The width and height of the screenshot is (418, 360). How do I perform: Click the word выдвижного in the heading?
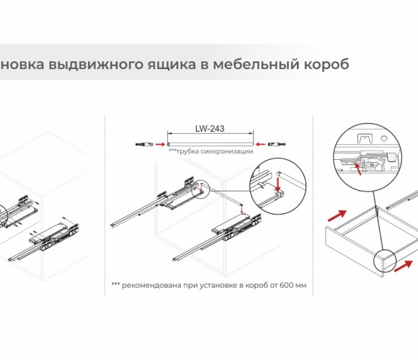[x=96, y=65]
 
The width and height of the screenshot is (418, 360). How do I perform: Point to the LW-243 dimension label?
[x=210, y=129]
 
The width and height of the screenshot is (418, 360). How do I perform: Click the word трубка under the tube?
[x=187, y=151]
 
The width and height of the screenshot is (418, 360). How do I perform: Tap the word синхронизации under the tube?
[x=227, y=151]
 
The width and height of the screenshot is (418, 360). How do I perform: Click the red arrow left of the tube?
[x=160, y=144]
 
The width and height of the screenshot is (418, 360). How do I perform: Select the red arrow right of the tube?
[x=260, y=144]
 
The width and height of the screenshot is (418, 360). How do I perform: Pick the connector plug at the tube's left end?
[x=144, y=144]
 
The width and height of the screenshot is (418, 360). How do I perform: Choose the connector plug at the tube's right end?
[x=277, y=144]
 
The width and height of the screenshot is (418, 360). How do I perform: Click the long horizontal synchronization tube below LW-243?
[x=210, y=144]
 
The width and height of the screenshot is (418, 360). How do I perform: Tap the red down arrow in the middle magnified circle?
[x=277, y=184]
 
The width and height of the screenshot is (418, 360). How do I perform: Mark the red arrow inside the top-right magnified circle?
[x=358, y=169]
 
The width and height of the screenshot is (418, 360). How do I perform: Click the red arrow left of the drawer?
[x=337, y=216]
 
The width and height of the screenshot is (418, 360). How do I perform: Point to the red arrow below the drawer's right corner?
[x=403, y=266]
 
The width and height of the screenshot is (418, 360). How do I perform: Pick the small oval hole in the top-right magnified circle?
[x=384, y=138]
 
